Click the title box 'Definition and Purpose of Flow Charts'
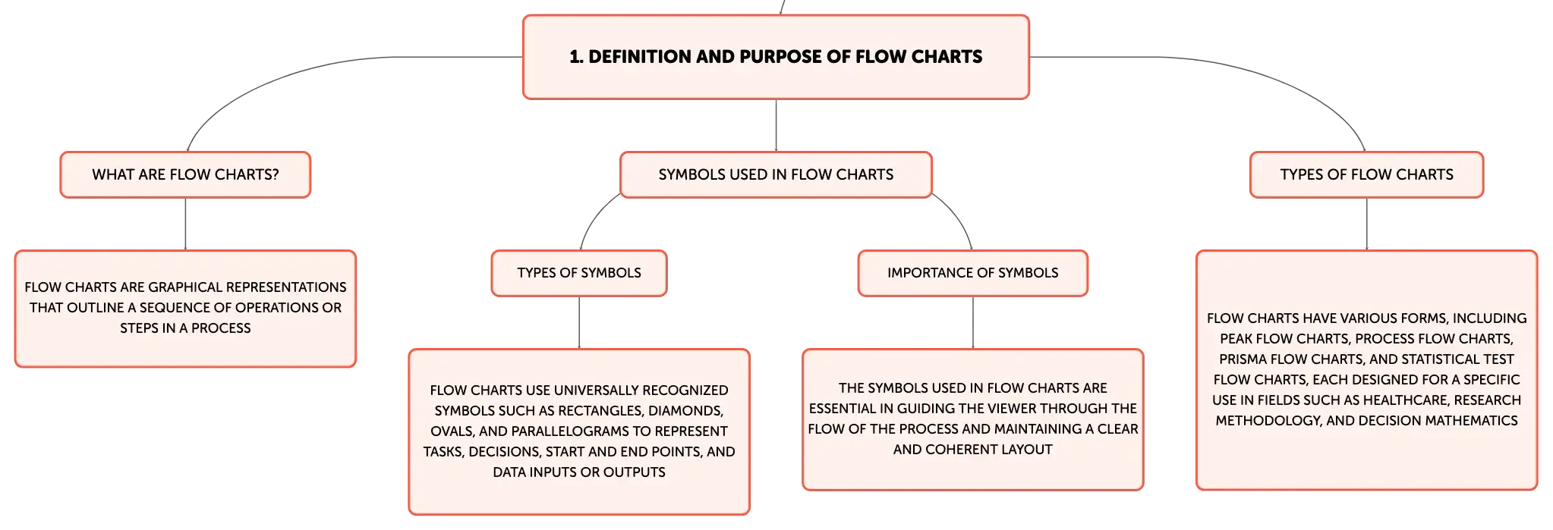pos(776,57)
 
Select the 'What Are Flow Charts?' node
pos(185,174)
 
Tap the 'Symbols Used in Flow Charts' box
pos(776,174)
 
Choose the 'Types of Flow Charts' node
pos(1366,174)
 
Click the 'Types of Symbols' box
pos(579,273)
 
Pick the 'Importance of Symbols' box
pos(973,273)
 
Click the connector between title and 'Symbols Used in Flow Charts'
pos(776,126)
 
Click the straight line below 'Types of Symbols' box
pos(579,323)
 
